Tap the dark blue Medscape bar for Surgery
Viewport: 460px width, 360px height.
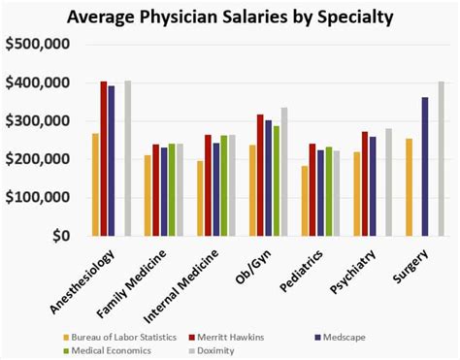click(424, 166)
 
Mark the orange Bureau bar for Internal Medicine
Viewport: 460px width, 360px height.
click(200, 198)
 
